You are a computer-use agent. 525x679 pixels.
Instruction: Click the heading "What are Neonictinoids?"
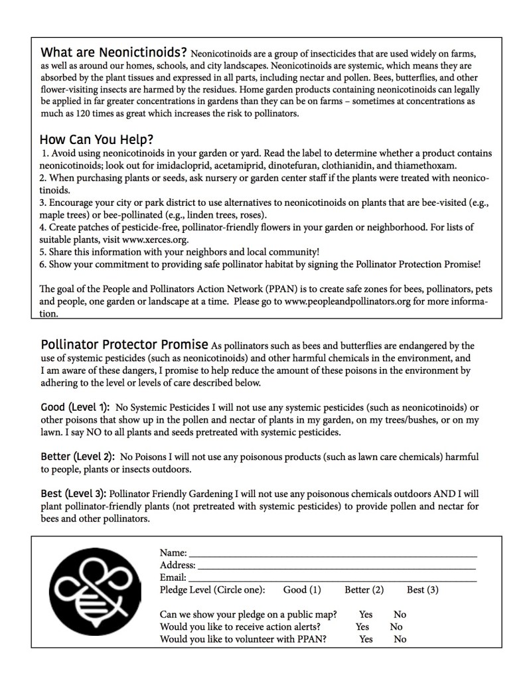coord(113,52)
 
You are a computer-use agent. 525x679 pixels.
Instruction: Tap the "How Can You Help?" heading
coord(97,140)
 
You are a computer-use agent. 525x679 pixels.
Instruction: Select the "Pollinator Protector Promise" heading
coord(124,345)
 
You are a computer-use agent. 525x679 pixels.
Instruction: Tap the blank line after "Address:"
coord(337,566)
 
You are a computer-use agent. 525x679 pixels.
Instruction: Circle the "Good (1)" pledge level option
coord(302,590)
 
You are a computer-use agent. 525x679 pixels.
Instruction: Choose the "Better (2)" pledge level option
coord(364,590)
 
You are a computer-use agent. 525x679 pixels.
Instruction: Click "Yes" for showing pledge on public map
coord(366,615)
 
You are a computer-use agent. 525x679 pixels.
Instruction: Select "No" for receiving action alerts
coord(396,627)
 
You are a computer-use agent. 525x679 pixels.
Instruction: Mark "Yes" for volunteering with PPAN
coord(366,639)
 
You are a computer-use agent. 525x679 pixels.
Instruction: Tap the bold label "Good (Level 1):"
coord(75,407)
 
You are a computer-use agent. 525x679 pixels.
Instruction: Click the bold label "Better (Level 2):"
coord(78,457)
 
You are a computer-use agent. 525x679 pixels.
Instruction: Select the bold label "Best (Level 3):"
coord(73,494)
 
